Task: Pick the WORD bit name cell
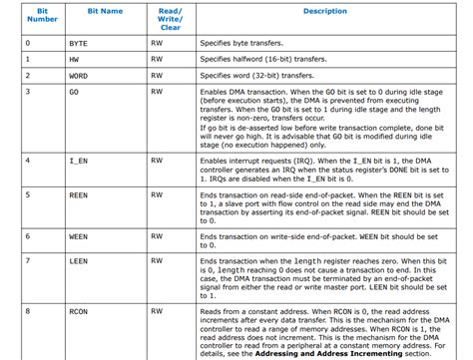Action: [x=79, y=75]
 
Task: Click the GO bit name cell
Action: [x=73, y=91]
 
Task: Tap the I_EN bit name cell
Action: [x=78, y=160]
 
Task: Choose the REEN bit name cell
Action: [x=78, y=197]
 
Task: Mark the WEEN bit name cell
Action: [x=78, y=235]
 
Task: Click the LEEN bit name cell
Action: [x=78, y=262]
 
